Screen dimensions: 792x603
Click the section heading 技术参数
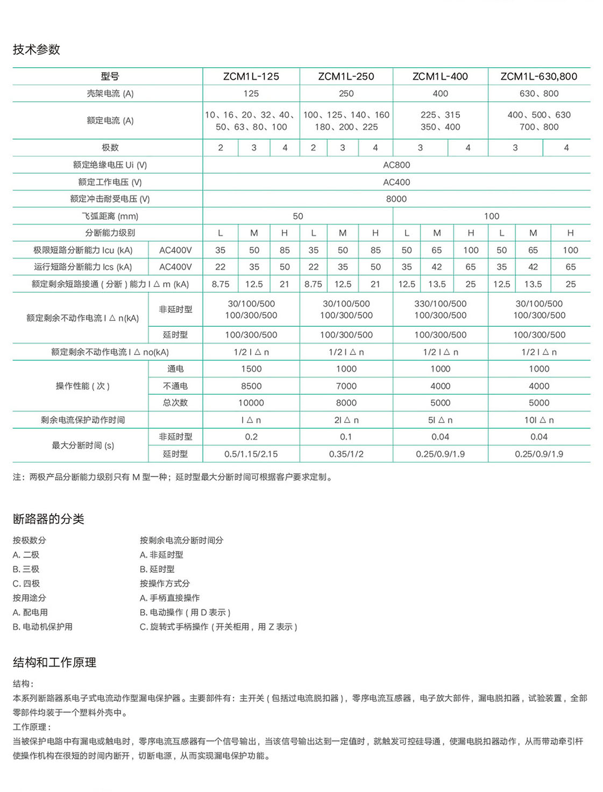pos(37,50)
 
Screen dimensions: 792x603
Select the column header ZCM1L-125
pos(251,76)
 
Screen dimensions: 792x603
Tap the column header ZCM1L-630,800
pos(538,76)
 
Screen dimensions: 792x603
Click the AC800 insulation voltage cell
pos(396,165)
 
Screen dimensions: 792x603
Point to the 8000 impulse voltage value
pos(396,199)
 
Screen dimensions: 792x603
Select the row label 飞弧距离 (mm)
pos(110,216)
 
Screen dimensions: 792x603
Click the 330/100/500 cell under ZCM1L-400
pos(440,304)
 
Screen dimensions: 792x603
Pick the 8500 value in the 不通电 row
pos(251,386)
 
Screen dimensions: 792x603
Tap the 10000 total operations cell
pos(251,403)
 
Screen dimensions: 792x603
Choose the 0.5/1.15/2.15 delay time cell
pos(251,454)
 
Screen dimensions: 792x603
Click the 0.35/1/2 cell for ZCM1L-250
pos(346,454)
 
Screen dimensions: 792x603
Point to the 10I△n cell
pos(538,420)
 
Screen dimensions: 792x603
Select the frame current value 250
pos(346,94)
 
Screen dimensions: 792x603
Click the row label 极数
pos(110,148)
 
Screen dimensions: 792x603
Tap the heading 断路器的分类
pos(48,519)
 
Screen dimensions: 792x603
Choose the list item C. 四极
pos(26,584)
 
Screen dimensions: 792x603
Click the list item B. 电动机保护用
pos(42,627)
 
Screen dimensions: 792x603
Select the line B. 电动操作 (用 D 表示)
pos(185,612)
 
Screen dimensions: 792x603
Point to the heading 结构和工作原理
pos(54,662)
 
